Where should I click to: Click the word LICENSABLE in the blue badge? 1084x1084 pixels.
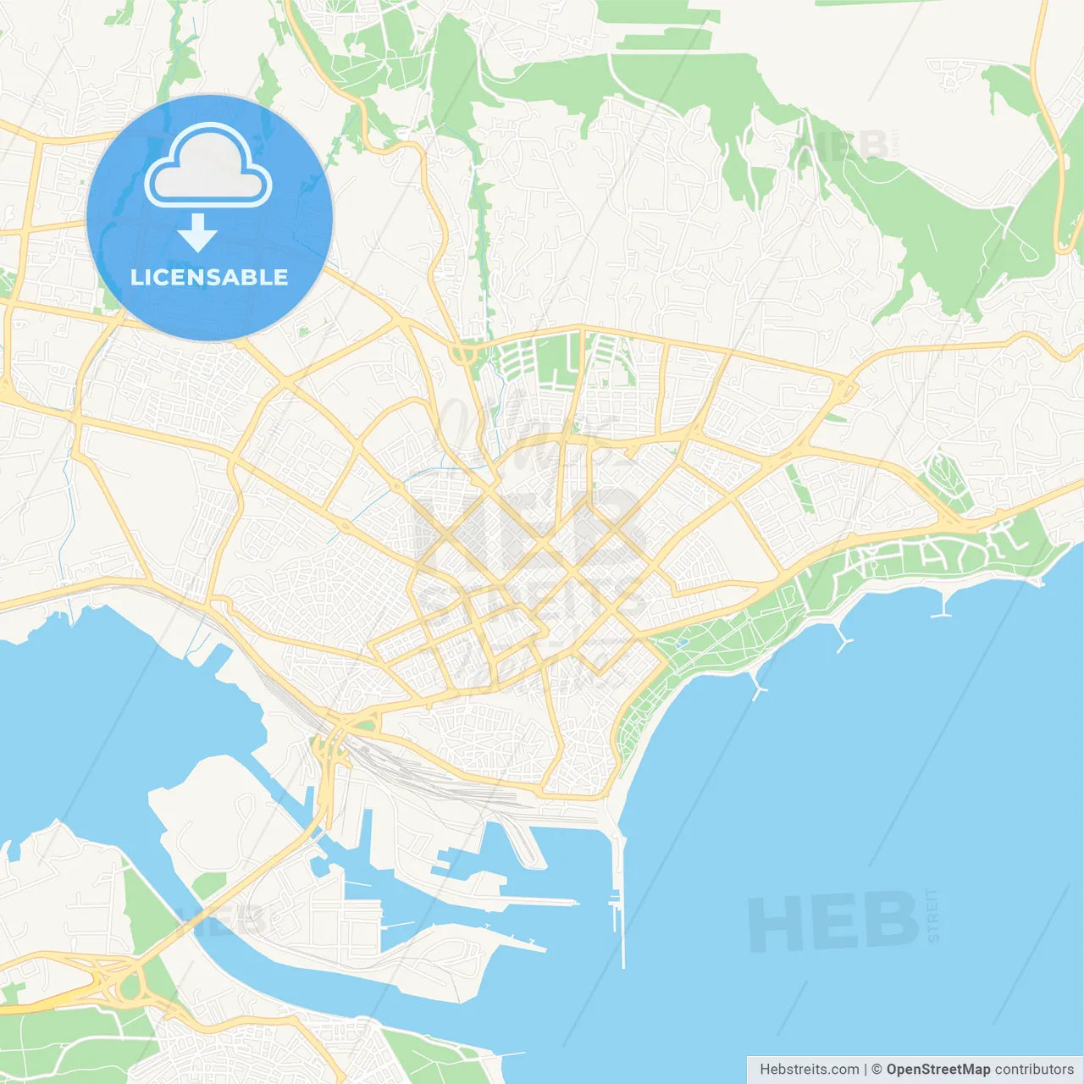point(209,277)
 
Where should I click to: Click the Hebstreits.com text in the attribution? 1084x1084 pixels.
point(808,1070)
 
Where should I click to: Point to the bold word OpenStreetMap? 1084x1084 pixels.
point(937,1070)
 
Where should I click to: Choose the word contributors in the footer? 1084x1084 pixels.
point(1034,1070)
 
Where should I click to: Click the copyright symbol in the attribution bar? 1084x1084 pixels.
point(877,1070)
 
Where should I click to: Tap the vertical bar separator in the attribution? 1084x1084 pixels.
point(865,1070)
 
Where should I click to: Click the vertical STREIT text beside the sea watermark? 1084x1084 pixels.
point(933,915)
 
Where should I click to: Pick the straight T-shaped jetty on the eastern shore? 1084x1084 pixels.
point(941,606)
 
